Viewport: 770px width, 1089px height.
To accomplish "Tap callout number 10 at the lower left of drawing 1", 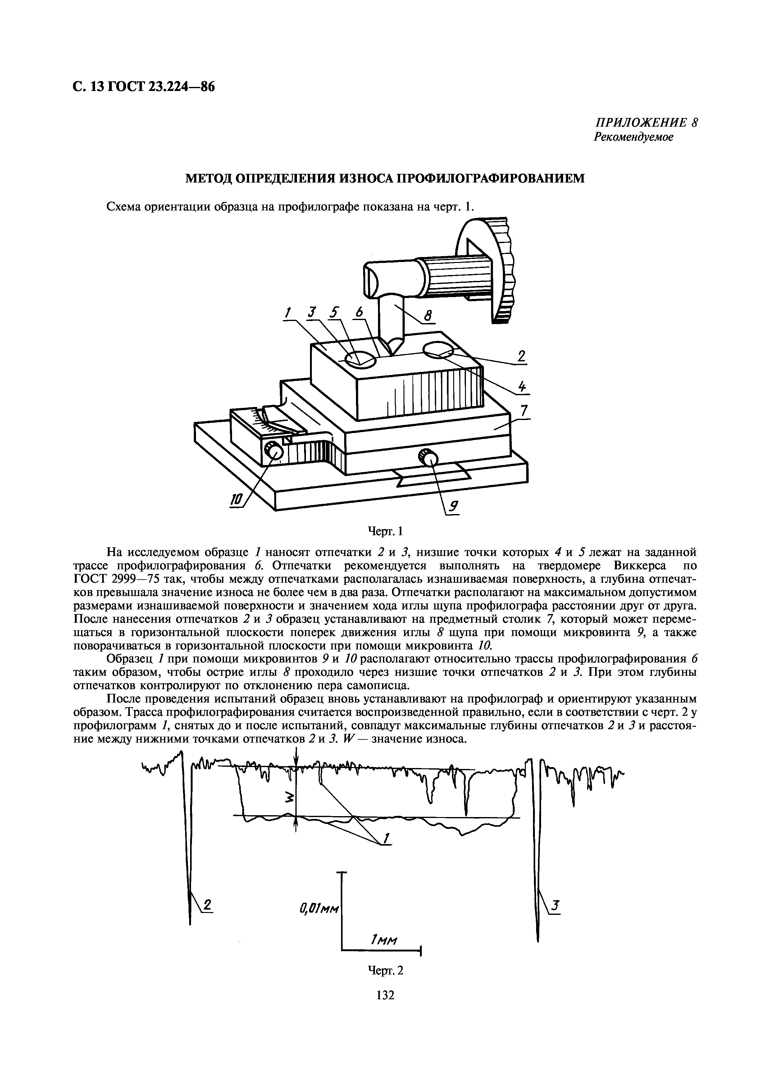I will pos(236,499).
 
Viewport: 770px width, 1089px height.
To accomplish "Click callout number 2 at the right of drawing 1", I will pos(522,356).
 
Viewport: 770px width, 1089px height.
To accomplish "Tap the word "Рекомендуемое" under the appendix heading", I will pos(633,137).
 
